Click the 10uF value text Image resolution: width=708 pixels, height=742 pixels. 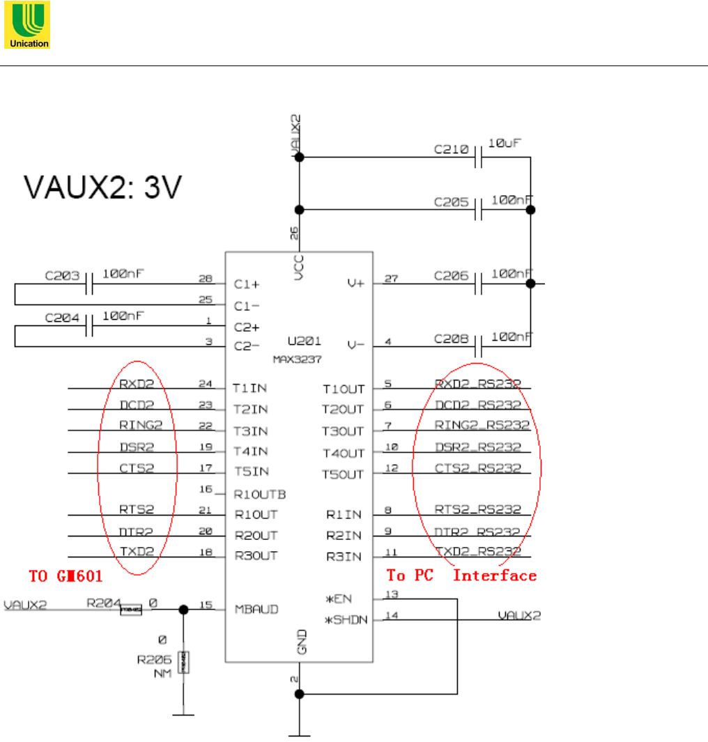(x=505, y=143)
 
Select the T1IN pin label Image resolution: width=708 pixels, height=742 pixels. (x=250, y=387)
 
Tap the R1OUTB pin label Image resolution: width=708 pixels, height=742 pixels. (x=259, y=494)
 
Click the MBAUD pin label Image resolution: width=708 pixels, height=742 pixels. (x=256, y=610)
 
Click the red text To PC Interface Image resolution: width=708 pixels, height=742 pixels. (x=461, y=575)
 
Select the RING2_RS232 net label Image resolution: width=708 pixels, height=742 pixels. (x=482, y=425)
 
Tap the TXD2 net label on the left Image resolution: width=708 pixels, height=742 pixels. (x=136, y=552)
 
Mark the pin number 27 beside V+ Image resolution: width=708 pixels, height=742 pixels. (x=392, y=278)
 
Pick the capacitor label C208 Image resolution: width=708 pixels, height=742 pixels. (x=449, y=339)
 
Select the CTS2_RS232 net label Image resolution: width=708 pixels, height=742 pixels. (x=478, y=468)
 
